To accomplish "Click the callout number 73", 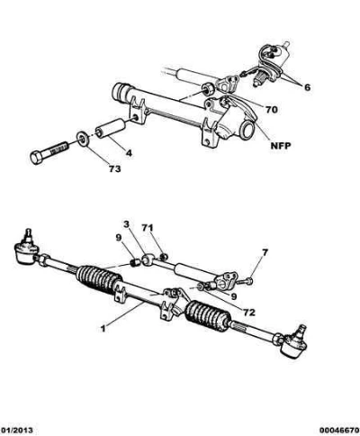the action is click(x=114, y=168).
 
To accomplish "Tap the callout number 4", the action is click(x=129, y=153).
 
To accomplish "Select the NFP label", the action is click(x=281, y=146).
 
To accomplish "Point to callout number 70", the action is click(x=271, y=110).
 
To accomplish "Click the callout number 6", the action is click(x=307, y=87).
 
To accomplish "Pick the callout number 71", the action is click(x=148, y=228).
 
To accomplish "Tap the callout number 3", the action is click(x=126, y=224).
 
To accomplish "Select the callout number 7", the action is click(x=265, y=253).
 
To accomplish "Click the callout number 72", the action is click(x=249, y=313).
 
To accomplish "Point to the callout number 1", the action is click(x=103, y=329).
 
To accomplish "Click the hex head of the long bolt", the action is click(x=37, y=157).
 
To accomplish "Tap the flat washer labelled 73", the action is click(x=82, y=139).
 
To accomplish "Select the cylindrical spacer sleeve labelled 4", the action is click(x=110, y=129).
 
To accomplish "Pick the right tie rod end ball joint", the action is click(x=294, y=342).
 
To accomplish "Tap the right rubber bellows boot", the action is click(x=208, y=316).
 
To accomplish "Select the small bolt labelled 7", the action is click(x=245, y=281).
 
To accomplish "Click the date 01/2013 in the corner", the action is click(x=16, y=431).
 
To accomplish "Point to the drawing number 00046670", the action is click(x=339, y=431).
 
